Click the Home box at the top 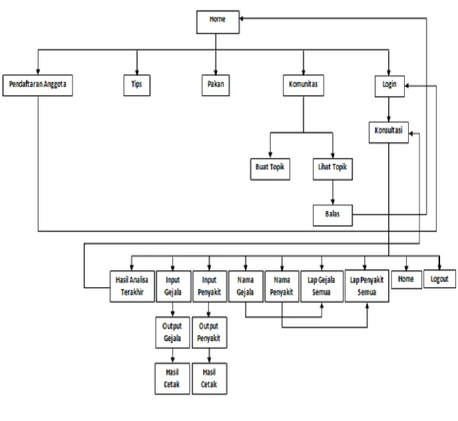click(218, 22)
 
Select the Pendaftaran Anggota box click(38, 85)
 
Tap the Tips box click(137, 85)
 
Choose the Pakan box click(216, 85)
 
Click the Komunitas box click(304, 85)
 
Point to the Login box click(389, 86)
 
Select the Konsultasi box click(389, 132)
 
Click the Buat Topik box click(270, 169)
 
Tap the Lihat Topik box click(333, 169)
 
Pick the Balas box click(333, 215)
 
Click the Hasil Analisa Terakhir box click(132, 286)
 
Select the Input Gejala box click(174, 286)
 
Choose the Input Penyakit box click(210, 286)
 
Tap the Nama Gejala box click(246, 286)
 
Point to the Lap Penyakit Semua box click(367, 286)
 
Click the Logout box click(439, 279)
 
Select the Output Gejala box click(172, 333)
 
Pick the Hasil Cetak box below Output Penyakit click(210, 378)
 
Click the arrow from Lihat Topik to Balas click(333, 192)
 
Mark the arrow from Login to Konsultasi click(389, 110)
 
